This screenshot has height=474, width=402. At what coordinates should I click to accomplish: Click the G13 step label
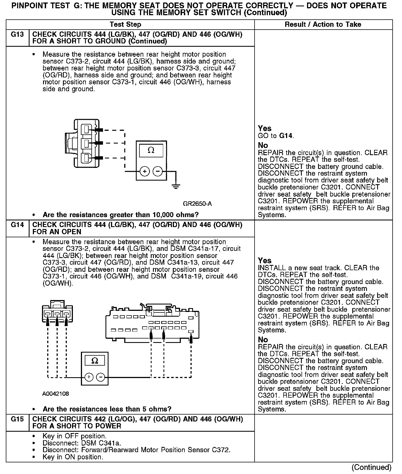click(17, 35)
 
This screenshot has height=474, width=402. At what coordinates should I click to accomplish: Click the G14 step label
click(17, 225)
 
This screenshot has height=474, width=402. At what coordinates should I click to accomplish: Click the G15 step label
click(17, 419)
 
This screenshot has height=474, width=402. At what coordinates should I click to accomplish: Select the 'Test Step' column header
click(125, 25)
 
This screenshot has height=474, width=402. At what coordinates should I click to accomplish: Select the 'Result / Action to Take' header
click(323, 25)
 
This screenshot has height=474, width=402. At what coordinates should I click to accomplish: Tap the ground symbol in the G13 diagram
click(176, 187)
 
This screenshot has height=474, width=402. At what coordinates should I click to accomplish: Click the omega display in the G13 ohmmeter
click(151, 150)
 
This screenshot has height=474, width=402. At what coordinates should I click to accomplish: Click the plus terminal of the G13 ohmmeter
click(145, 172)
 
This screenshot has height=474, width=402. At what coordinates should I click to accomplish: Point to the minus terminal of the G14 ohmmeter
click(100, 377)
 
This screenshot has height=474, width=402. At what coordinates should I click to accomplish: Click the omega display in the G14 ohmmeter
click(94, 361)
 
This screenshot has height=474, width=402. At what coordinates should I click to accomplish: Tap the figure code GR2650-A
click(197, 204)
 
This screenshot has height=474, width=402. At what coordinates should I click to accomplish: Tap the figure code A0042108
click(55, 394)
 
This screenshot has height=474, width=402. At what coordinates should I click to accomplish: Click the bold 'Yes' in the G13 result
click(265, 128)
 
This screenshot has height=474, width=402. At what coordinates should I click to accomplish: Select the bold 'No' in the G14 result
click(263, 340)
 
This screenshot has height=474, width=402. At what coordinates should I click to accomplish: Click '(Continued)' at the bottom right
click(371, 467)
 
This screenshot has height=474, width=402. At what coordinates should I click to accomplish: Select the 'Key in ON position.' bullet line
click(73, 457)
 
